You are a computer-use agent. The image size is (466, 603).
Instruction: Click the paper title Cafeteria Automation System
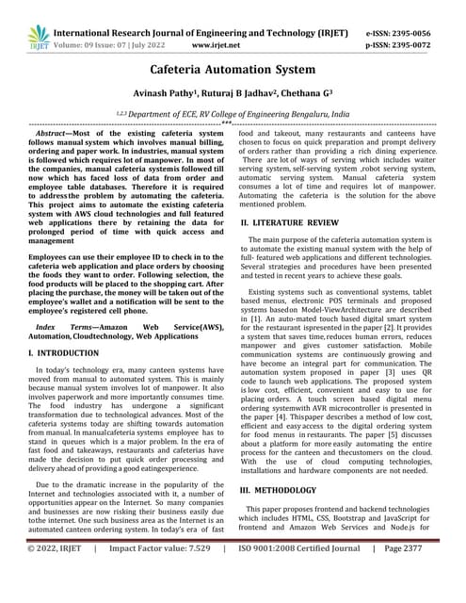(x=232, y=70)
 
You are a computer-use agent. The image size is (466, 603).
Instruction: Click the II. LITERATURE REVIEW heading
(x=294, y=223)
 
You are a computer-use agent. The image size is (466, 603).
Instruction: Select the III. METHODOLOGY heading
(x=286, y=491)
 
